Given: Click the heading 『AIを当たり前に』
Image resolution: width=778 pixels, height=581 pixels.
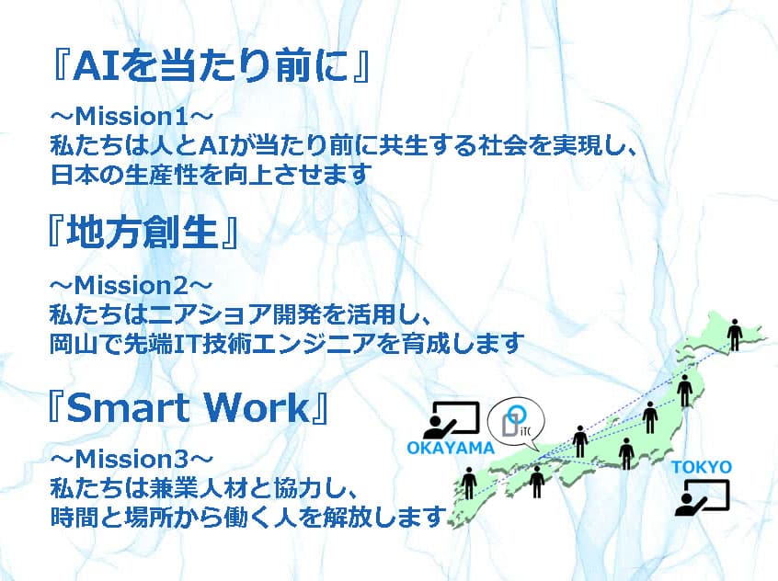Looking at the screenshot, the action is coord(211,65).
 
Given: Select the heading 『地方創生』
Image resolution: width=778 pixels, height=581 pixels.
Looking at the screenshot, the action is coord(143,233).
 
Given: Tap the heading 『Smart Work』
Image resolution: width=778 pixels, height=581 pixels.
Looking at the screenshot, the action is coord(188,407).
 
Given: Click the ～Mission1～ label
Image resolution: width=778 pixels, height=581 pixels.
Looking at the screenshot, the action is coord(132,117).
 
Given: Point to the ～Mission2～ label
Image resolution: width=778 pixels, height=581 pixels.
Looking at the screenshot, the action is coord(131,285).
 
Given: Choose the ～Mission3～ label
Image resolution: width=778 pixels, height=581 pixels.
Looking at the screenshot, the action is coord(132,460).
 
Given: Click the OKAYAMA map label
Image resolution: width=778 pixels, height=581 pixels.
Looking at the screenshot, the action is coord(451,448).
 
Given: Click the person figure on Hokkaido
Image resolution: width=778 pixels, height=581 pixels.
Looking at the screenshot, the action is coord(735,335).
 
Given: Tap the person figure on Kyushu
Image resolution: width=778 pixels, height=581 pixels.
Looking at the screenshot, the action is coord(468,483).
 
